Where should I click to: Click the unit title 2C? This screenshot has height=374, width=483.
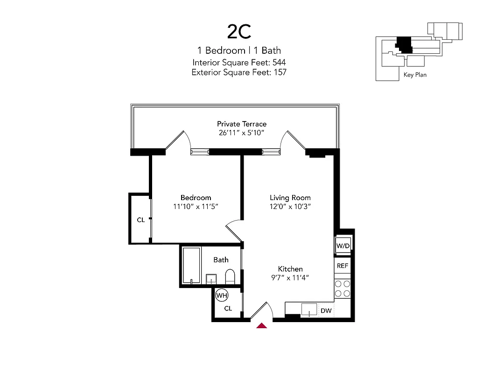coord(239,32)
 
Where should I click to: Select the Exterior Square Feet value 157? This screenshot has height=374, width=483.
coord(279,72)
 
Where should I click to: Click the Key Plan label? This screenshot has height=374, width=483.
coord(415,75)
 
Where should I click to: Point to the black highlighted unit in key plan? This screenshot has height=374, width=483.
coord(404,44)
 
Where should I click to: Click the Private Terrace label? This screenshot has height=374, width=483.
coord(242,124)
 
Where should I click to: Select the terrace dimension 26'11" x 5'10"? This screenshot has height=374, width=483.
coord(242,133)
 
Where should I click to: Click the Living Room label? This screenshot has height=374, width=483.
coord(290,198)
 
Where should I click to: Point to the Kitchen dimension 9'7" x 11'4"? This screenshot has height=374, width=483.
coord(290,277)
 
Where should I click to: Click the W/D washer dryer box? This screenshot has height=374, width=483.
coord(343,245)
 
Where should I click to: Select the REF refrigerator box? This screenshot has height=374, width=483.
coord(343,266)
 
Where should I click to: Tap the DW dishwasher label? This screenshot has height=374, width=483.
coord(326,310)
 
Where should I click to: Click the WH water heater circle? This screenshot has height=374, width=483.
coord(221,295)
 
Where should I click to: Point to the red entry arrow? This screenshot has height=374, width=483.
coord(262,325)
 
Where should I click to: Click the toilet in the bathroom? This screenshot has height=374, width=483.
coord(230,277)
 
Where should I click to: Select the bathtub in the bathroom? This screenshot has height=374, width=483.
coord(191,266)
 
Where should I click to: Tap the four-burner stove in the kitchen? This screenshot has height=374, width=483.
coord(343,288)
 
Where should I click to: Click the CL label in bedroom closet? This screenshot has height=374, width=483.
coord(140,220)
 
